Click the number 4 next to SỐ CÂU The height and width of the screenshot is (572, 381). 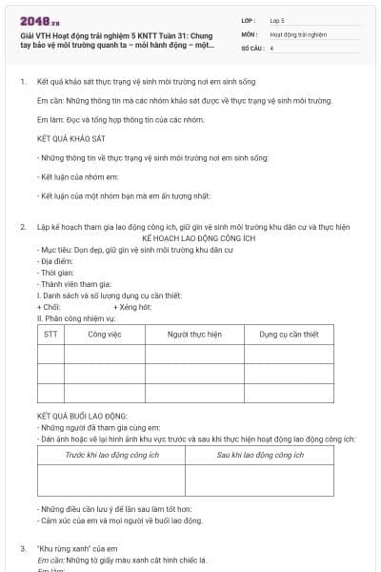[x=272, y=47]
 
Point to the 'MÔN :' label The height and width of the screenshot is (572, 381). [x=250, y=33]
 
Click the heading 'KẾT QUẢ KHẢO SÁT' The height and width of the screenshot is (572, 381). [x=70, y=138]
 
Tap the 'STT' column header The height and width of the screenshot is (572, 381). [x=50, y=335]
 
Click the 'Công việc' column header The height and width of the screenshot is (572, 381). [x=105, y=335]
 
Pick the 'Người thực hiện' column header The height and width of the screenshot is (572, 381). [x=194, y=335]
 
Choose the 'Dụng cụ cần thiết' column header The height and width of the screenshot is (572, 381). [x=290, y=335]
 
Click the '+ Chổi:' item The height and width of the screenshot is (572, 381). [x=49, y=308]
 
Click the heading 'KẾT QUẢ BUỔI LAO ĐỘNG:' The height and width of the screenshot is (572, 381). [x=82, y=417]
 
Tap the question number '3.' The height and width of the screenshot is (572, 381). [x=23, y=549]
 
